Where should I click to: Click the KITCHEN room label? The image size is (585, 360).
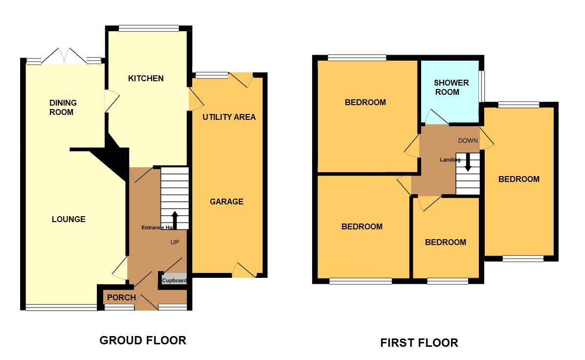[x=146, y=78]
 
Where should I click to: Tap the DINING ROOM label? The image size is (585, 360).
[x=63, y=107]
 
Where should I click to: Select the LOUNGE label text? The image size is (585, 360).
[x=68, y=219]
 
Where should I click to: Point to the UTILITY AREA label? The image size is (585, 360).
[x=229, y=117]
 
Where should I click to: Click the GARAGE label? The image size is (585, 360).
[x=226, y=202]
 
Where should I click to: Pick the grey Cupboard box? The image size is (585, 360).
[x=175, y=280]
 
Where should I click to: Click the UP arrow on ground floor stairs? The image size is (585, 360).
[x=175, y=220]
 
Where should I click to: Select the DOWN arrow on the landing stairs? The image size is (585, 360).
[x=468, y=162]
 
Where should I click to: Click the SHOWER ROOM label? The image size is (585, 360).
[x=451, y=87]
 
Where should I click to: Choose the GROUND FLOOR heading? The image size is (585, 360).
[x=143, y=340]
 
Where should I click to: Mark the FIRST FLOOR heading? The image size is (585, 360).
[x=419, y=343]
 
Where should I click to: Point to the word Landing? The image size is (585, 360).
[x=450, y=160]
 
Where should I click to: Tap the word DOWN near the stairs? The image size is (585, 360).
[x=468, y=141]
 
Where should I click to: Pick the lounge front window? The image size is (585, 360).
[x=61, y=308]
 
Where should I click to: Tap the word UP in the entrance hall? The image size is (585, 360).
[x=175, y=242]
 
